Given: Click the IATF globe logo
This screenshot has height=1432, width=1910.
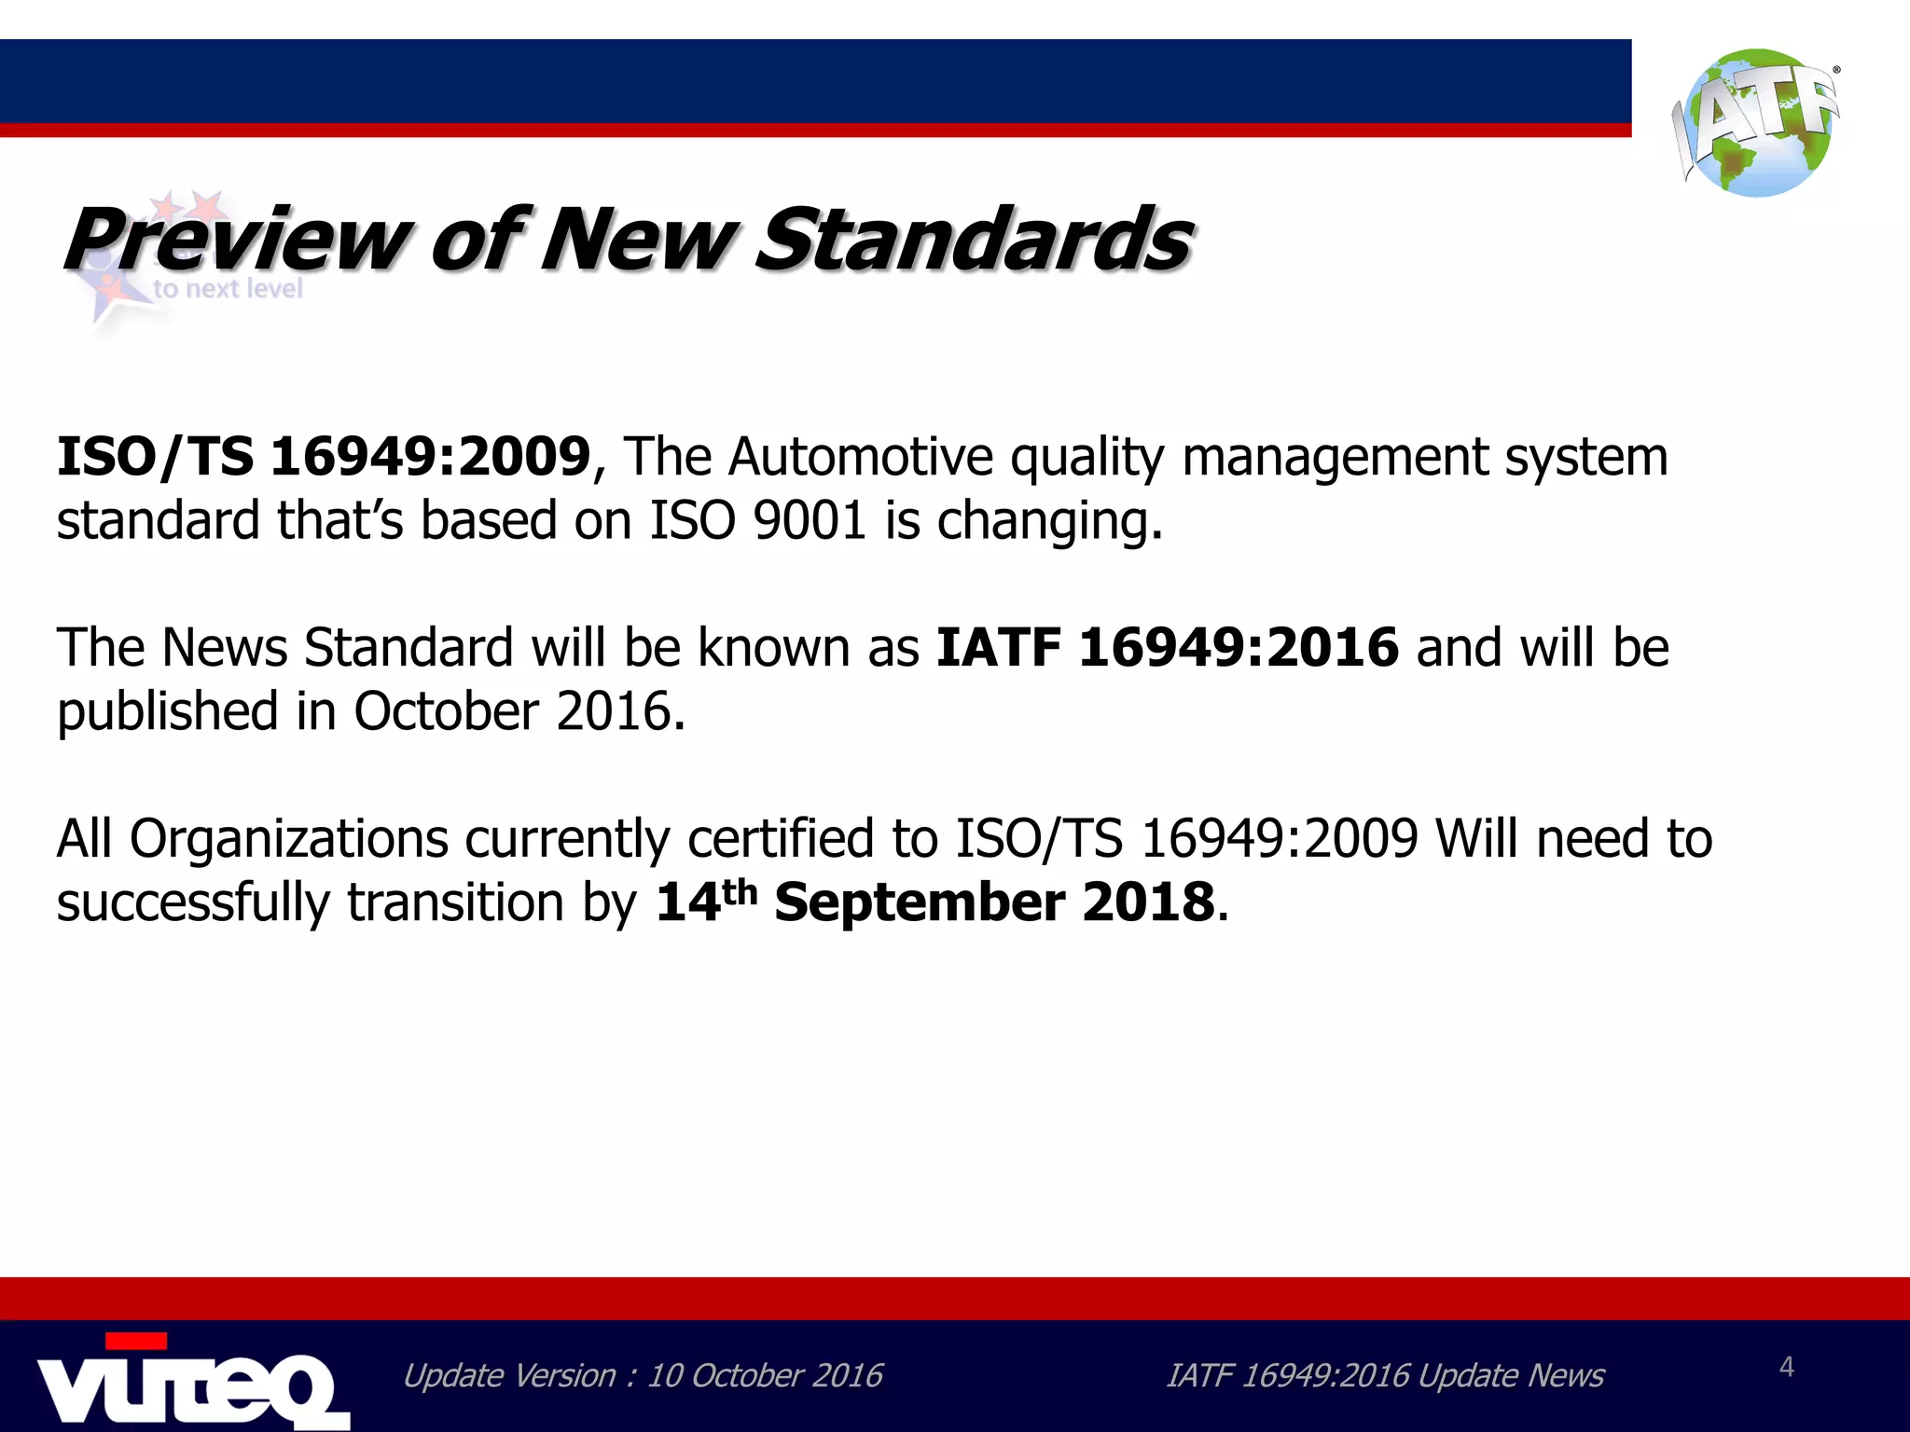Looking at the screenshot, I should pos(1757,123).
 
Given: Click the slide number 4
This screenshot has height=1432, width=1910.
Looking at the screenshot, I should pos(1786,1367).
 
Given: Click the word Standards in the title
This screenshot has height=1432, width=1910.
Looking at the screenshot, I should pos(973,240).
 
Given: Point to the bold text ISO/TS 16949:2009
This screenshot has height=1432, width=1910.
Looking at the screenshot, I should pos(324,457).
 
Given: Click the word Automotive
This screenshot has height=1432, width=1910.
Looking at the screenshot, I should pos(861,457).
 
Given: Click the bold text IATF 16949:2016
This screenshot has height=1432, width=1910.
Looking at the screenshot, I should pos(1167,647).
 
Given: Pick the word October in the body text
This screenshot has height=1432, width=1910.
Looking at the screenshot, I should pos(447,711).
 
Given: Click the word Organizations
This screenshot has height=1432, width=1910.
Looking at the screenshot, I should pos(289,839).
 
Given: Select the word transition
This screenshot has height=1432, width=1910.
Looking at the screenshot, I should pos(456,902).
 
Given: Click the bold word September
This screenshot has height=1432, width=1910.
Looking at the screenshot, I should pos(920,902).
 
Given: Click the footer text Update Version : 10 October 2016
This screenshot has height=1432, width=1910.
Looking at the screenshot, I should pos(642,1376).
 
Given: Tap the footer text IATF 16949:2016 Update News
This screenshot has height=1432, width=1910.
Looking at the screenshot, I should pos(1385,1376).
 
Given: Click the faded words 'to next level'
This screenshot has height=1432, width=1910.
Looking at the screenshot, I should pos(228,289).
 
